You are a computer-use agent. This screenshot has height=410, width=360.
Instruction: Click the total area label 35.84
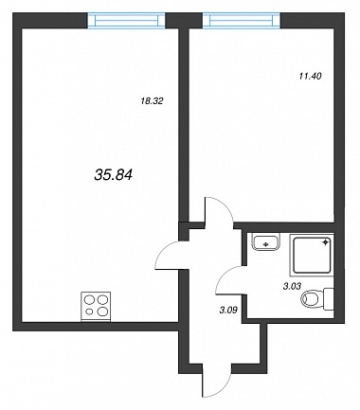point(113,174)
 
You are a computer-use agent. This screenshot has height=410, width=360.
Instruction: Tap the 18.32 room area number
point(152,101)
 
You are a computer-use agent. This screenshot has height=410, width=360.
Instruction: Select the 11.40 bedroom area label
point(310,76)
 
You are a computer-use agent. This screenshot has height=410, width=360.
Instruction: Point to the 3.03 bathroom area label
point(292,286)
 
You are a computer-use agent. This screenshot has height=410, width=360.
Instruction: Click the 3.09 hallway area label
point(228,310)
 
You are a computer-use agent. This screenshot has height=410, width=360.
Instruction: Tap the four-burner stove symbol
point(96,307)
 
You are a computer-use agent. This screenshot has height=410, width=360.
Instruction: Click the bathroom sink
point(266,242)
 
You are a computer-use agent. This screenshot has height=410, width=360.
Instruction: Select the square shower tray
point(312,256)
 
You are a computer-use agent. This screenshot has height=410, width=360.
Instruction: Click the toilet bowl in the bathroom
point(311,299)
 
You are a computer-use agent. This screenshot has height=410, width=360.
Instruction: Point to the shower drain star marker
point(325,242)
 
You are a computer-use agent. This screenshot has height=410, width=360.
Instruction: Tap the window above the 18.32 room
point(126,20)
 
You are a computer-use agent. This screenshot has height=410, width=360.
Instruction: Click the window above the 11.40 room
point(242,20)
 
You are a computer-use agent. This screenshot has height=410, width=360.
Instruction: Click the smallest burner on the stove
point(90,312)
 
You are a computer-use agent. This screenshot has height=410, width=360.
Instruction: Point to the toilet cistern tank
point(329,298)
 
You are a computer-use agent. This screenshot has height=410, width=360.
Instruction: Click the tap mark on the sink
point(266,243)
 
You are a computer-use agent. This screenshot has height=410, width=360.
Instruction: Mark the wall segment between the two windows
point(184,21)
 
